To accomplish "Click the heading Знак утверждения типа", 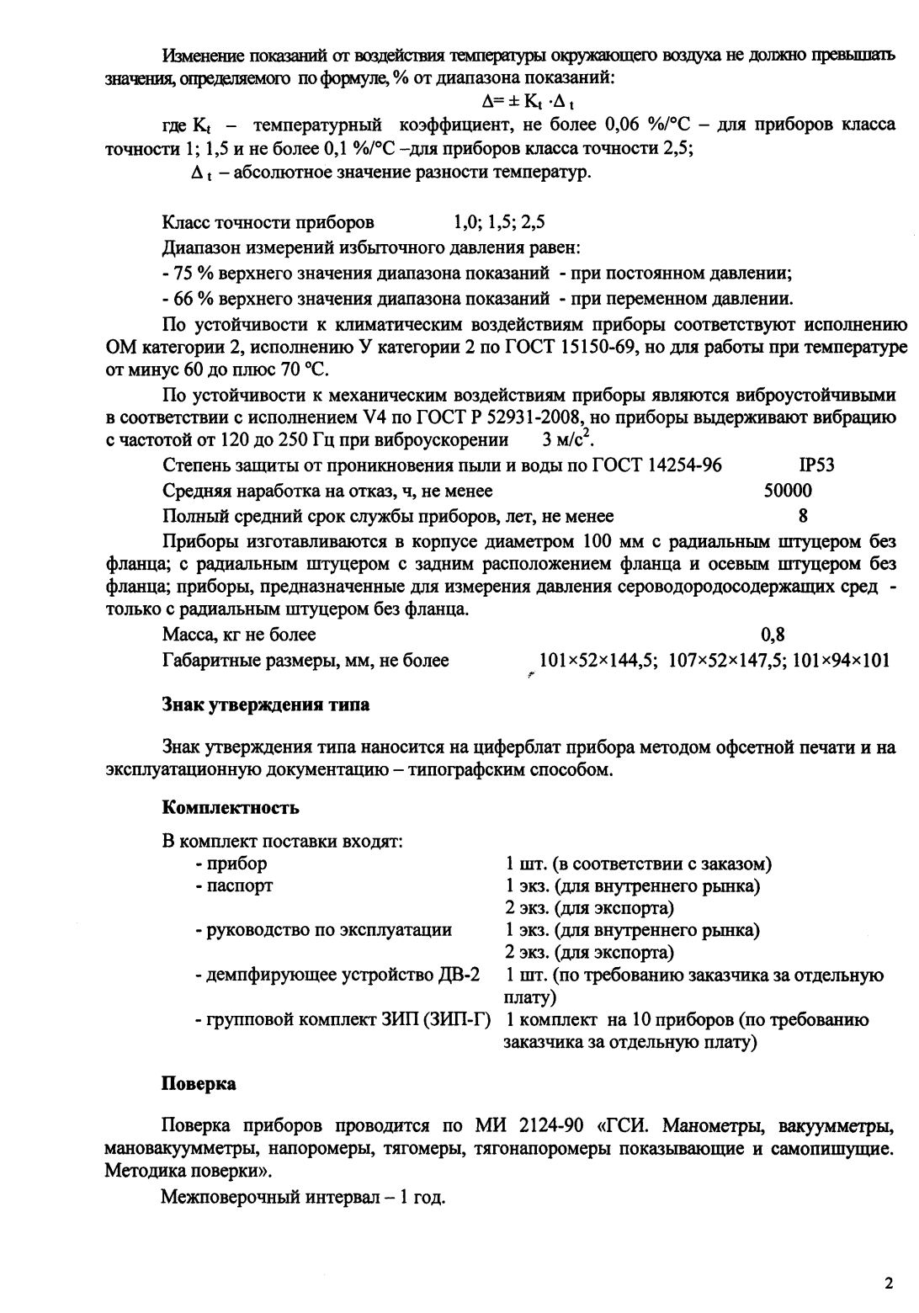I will click(265, 704).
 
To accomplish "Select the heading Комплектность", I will click(230, 808).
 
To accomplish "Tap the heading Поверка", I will click(199, 1084).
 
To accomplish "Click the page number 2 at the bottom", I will click(888, 1284).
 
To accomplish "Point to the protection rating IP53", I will click(815, 465).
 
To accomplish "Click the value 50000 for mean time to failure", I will click(787, 491).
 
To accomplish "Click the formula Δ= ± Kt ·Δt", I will click(527, 103).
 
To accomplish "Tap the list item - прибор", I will click(231, 864).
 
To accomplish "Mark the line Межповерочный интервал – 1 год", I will click(303, 1196).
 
